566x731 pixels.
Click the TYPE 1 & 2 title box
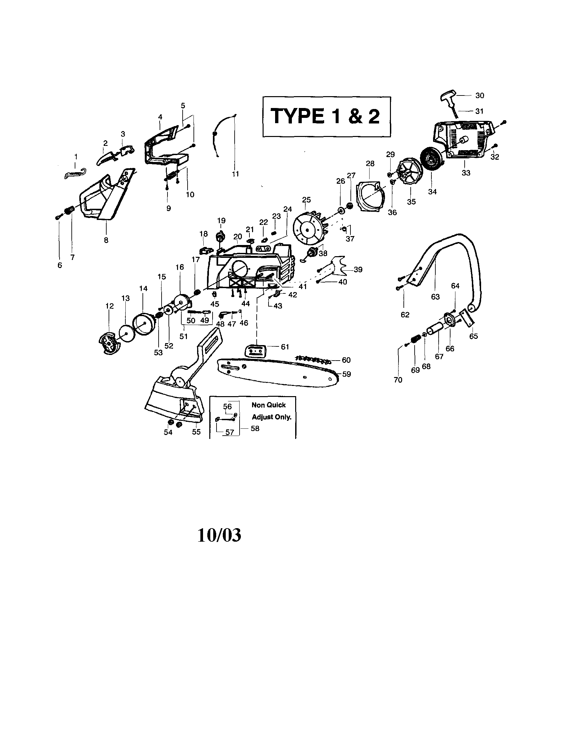coord(326,117)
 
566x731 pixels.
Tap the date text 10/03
coord(219,535)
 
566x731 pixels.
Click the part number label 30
coord(479,95)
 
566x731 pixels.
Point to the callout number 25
coord(306,200)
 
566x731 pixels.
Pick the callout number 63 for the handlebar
coord(435,297)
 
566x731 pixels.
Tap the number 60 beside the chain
coord(346,360)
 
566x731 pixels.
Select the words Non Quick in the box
coord(268,405)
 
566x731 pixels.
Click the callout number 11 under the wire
coord(235,174)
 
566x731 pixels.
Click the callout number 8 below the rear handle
coord(106,240)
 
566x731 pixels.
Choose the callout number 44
coord(245,304)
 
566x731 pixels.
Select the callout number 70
coord(398,380)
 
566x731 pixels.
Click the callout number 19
coord(221,221)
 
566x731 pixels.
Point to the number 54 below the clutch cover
coord(168,432)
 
